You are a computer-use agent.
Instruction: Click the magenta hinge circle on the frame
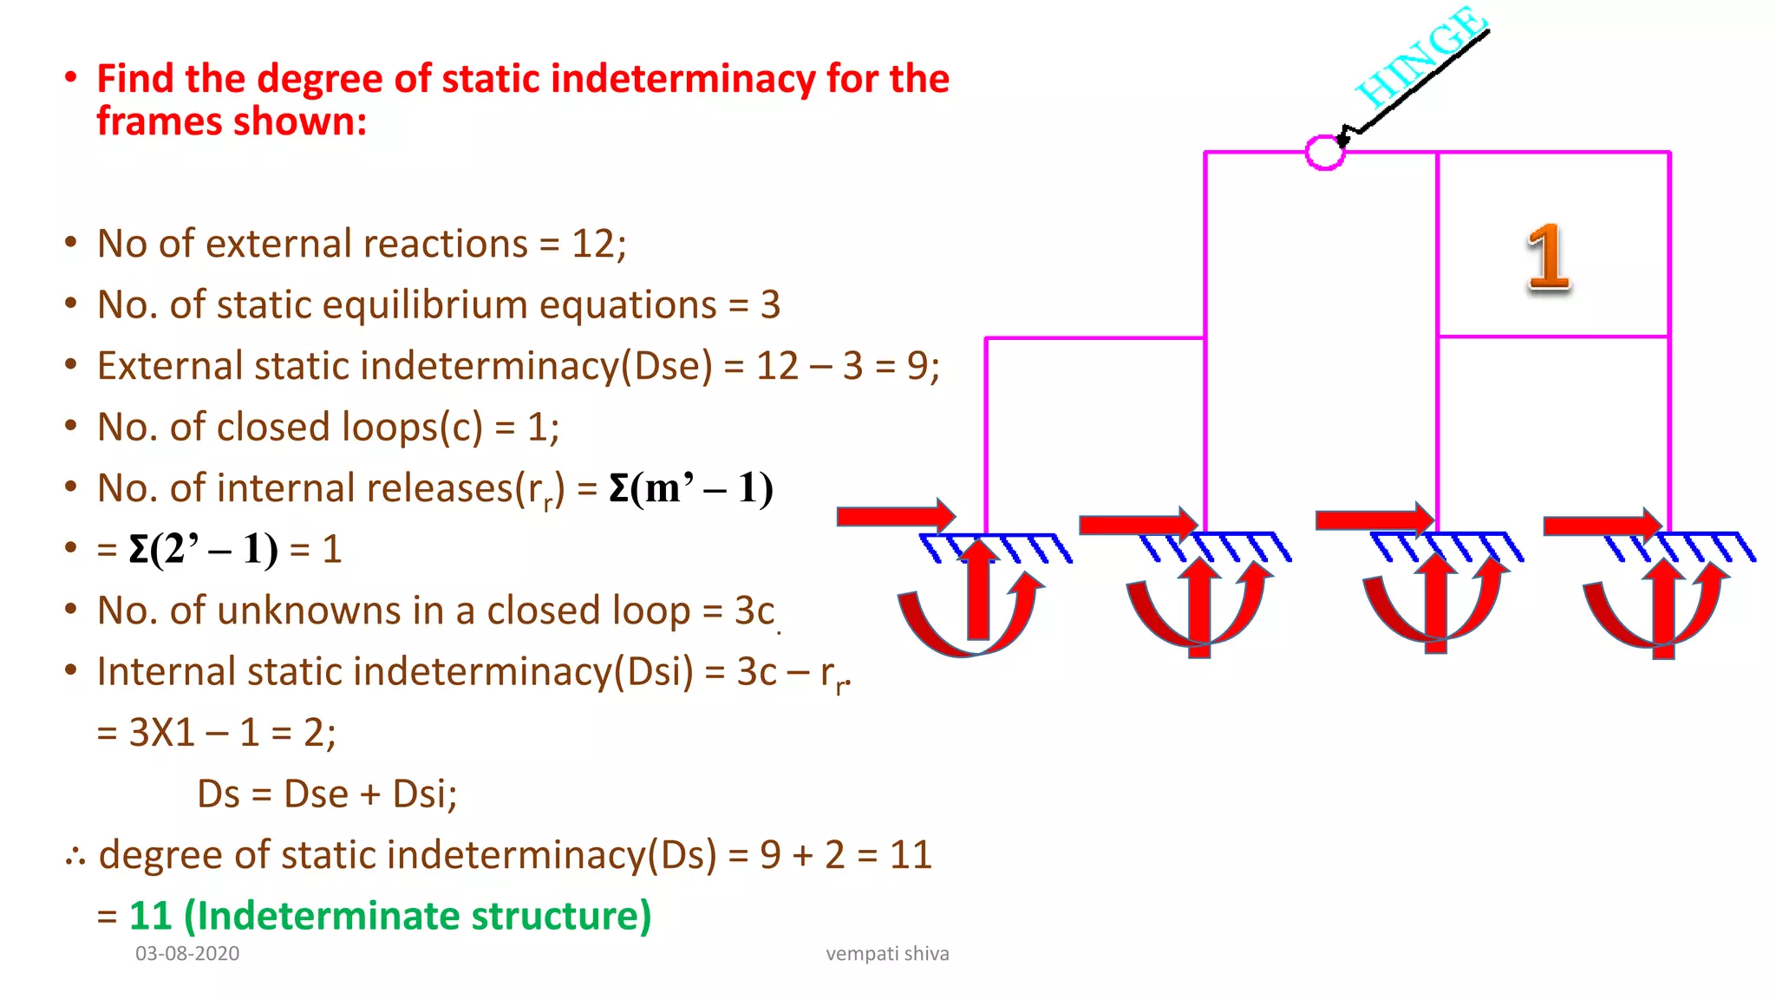[x=1324, y=153]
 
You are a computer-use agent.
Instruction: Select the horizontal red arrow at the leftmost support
[x=895, y=516]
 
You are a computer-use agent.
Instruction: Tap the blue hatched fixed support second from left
[x=1214, y=547]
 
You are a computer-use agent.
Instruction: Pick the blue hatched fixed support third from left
[x=1446, y=547]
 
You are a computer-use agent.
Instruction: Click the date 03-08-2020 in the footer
[x=187, y=954]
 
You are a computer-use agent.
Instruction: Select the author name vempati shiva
[x=887, y=954]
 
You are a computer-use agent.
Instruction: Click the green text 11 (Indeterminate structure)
[x=389, y=916]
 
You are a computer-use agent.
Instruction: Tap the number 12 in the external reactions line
[x=593, y=244]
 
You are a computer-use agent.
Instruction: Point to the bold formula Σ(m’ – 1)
[x=690, y=488]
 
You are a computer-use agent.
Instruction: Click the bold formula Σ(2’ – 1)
[x=203, y=550]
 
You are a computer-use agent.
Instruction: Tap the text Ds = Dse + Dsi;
[x=327, y=794]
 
